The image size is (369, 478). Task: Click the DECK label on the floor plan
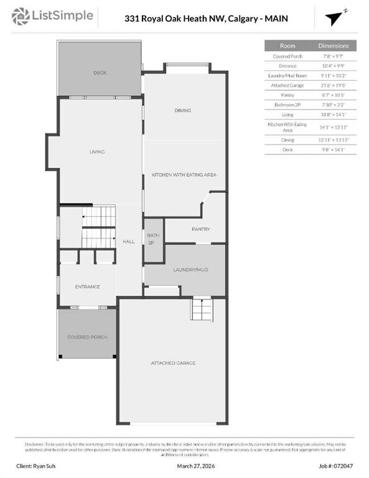click(100, 73)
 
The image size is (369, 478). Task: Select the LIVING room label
click(96, 151)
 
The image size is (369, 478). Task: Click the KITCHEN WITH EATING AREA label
click(184, 175)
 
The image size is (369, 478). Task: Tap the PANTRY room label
click(200, 229)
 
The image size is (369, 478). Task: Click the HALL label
click(128, 241)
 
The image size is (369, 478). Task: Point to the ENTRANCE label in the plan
click(87, 286)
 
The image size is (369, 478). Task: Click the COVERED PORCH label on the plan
click(87, 337)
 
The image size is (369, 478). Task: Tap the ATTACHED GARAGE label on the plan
click(173, 362)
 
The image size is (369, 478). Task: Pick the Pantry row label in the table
click(287, 95)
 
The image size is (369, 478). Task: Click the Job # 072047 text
click(337, 466)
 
